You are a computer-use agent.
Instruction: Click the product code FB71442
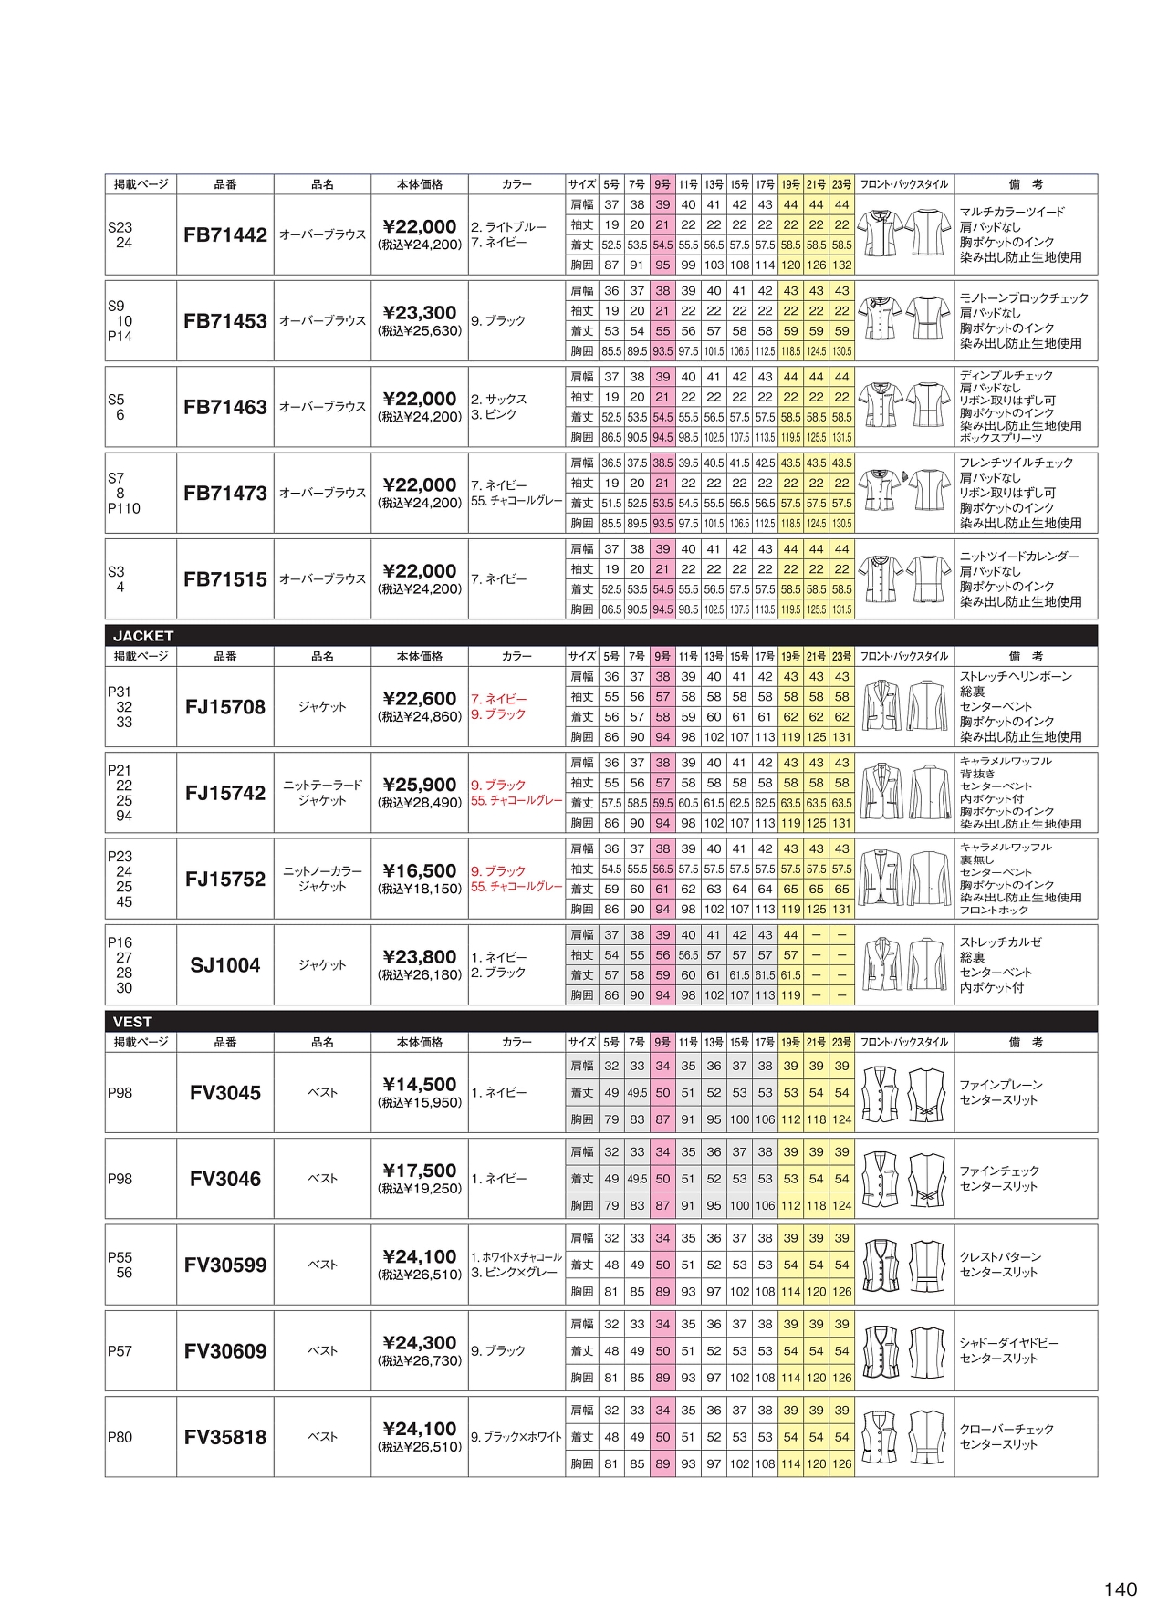click(x=225, y=234)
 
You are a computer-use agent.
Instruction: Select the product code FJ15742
click(x=225, y=793)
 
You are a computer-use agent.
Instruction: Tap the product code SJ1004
click(x=225, y=965)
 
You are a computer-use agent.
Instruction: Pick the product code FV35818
click(x=225, y=1437)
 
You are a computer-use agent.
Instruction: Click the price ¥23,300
click(x=420, y=312)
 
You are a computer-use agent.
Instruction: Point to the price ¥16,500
click(x=420, y=870)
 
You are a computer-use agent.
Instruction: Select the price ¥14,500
click(x=420, y=1084)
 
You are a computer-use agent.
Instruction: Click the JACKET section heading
click(x=143, y=636)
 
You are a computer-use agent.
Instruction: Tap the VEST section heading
click(x=132, y=1022)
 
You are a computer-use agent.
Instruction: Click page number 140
click(x=1120, y=1589)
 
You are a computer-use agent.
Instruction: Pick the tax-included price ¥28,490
click(x=420, y=803)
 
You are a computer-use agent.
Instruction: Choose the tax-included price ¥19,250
click(x=420, y=1189)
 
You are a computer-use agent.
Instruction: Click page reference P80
click(x=120, y=1437)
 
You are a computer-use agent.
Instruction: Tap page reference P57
click(x=120, y=1351)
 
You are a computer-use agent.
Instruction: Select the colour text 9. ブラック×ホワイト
click(x=516, y=1437)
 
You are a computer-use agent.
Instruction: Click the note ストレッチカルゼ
click(x=1000, y=942)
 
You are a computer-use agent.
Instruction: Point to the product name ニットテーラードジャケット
click(x=322, y=793)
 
